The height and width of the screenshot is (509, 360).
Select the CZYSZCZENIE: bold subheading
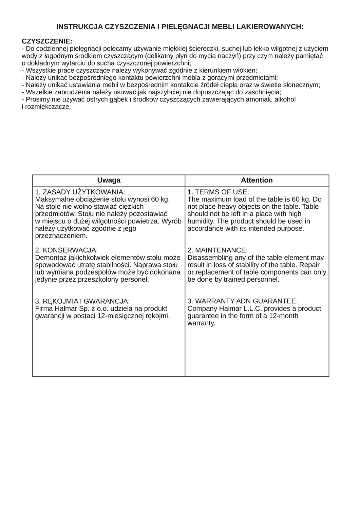(47, 41)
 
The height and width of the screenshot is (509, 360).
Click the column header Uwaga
(109, 180)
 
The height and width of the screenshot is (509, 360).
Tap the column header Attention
(257, 180)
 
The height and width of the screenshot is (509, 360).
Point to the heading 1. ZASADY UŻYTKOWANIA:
(80, 192)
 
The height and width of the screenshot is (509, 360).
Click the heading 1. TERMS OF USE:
(218, 192)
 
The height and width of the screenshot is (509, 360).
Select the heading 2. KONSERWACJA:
(67, 250)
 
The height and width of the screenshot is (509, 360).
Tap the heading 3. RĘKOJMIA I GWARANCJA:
(82, 301)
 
